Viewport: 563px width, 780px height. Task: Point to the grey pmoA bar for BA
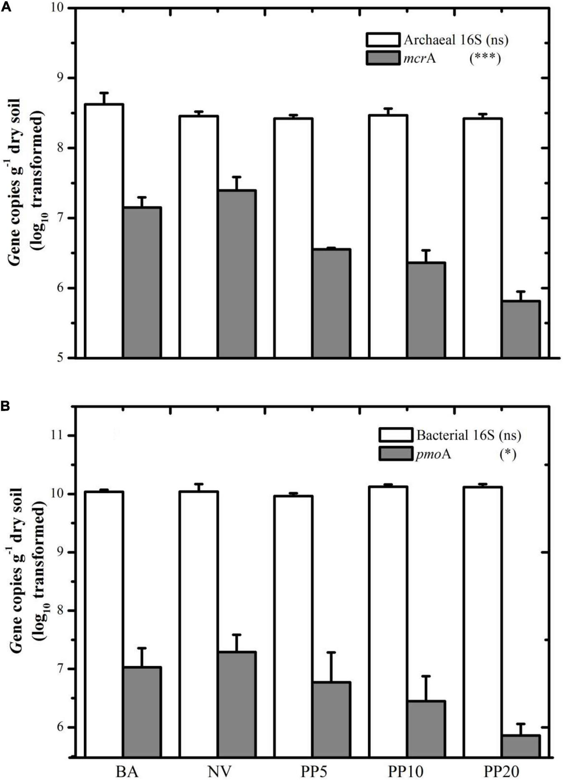tap(142, 712)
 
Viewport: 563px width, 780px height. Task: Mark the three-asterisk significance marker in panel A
tap(485, 58)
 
